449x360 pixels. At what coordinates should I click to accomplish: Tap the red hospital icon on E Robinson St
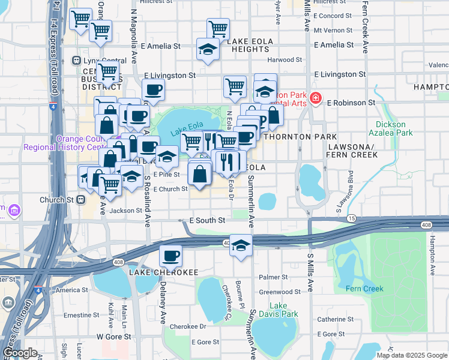[315, 98]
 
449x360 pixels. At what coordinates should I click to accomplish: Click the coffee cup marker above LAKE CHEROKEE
[170, 255]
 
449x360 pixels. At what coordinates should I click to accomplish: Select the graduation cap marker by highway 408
[241, 245]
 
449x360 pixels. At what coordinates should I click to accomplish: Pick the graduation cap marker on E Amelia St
[207, 49]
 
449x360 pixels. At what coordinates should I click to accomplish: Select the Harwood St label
[285, 60]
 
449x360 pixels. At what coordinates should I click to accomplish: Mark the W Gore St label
[113, 337]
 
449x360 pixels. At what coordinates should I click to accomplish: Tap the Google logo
[20, 353]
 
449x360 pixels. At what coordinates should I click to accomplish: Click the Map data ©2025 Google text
[411, 355]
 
